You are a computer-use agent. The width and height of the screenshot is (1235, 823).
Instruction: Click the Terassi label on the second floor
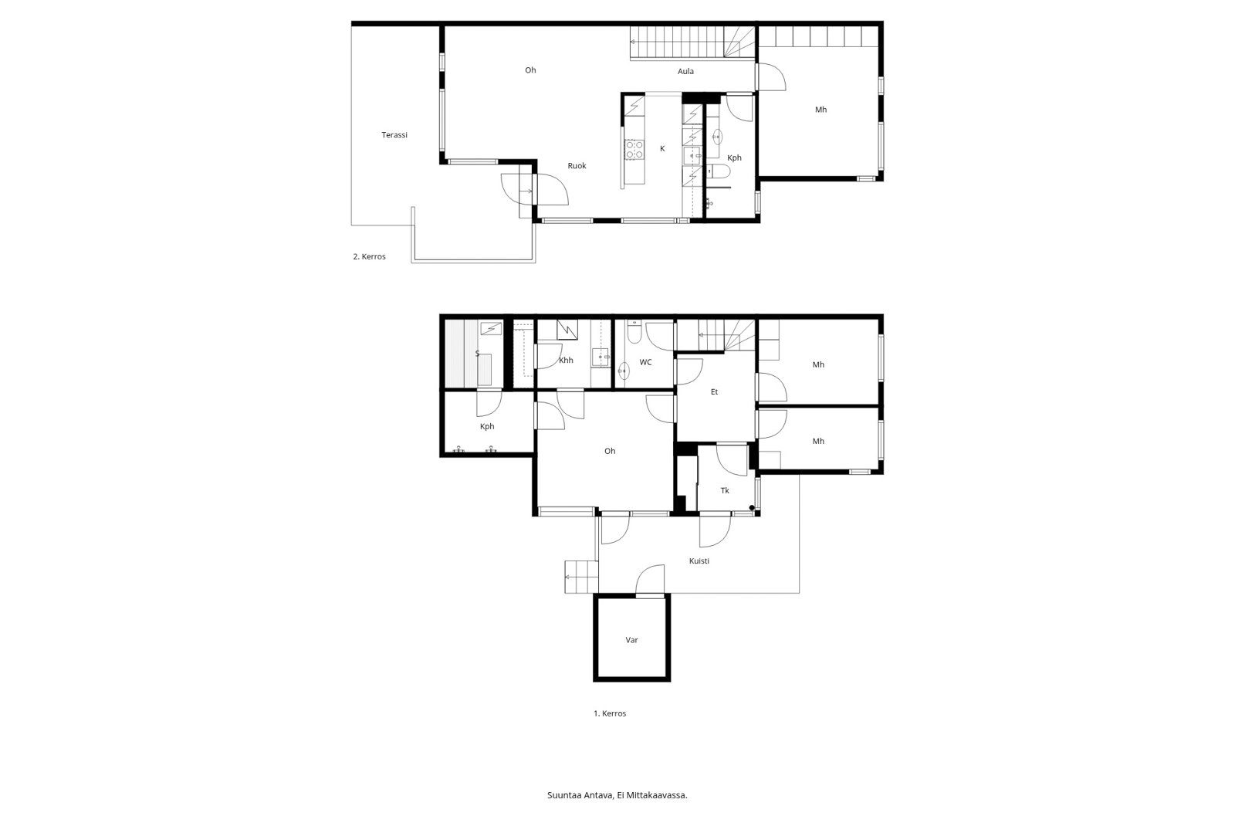394,135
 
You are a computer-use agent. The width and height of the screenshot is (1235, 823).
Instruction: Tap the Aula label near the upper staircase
685,72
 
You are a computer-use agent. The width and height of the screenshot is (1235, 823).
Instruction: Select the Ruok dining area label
577,166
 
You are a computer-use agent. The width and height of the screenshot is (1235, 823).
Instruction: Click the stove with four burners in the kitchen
634,149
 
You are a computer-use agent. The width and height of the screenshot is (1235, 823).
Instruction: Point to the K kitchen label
662,148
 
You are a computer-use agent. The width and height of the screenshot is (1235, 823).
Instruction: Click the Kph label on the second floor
734,158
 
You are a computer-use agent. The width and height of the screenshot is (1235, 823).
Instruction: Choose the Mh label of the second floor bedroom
821,110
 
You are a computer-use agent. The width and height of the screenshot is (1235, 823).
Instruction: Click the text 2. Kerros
369,257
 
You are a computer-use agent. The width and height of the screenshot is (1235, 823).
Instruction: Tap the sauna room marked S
477,354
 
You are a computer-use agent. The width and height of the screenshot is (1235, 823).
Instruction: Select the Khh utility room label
566,361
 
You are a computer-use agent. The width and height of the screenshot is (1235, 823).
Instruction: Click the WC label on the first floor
645,362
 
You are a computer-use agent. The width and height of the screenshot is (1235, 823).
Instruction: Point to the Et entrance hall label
714,392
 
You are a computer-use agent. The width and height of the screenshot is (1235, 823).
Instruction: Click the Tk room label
725,491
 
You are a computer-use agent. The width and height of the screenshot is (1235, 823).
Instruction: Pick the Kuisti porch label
699,561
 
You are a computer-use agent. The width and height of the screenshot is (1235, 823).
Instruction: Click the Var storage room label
631,640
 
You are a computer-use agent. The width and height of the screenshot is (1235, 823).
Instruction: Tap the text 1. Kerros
610,714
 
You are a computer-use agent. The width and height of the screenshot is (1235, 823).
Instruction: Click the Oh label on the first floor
610,452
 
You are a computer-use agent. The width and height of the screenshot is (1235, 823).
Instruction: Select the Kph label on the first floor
486,427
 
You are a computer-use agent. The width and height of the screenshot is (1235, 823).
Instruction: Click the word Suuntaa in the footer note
563,795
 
